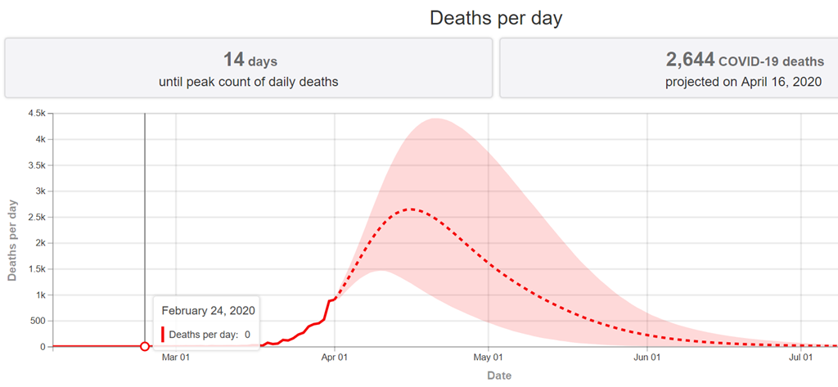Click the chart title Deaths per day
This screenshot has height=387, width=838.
(x=496, y=18)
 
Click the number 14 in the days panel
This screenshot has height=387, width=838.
(x=234, y=60)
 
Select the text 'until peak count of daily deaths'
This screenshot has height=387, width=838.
(x=249, y=82)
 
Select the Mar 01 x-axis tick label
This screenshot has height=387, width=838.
(x=176, y=358)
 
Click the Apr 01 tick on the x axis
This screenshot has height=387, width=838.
(x=335, y=358)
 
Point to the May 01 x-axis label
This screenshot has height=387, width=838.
(x=488, y=358)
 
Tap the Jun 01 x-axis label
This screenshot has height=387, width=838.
(x=647, y=358)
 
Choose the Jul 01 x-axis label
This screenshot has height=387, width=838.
(x=800, y=358)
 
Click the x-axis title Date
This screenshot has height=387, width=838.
(x=499, y=376)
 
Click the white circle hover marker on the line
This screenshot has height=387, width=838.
(x=145, y=347)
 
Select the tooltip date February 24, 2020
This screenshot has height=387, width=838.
(x=209, y=311)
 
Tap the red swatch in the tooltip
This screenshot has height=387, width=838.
(x=163, y=334)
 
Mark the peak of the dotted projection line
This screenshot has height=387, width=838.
(x=412, y=209)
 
